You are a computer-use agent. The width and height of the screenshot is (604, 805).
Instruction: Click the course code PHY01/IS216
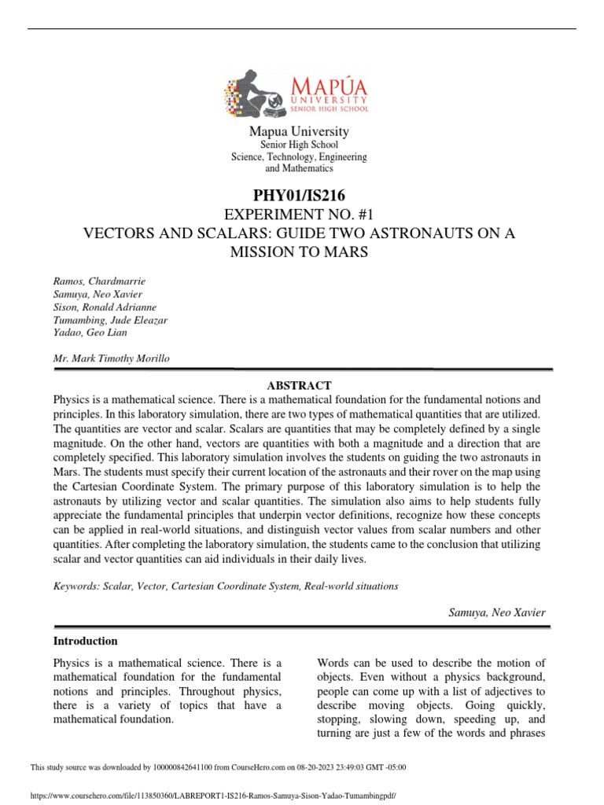click(x=298, y=194)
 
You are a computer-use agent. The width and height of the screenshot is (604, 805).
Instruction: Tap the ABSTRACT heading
click(x=299, y=385)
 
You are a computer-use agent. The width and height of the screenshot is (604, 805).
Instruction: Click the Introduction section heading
click(x=85, y=641)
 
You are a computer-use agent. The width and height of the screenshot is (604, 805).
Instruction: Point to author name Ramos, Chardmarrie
click(x=98, y=281)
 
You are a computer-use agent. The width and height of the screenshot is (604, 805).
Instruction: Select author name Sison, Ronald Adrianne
click(x=104, y=307)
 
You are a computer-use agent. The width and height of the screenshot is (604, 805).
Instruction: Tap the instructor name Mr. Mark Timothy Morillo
click(x=110, y=358)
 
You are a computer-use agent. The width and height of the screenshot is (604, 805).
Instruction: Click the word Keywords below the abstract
click(x=75, y=586)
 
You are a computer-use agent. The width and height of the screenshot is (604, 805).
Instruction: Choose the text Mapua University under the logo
click(x=298, y=131)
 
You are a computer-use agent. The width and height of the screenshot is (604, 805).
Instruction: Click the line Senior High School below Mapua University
click(x=298, y=145)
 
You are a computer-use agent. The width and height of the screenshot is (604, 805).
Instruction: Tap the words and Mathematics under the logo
click(x=298, y=168)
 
